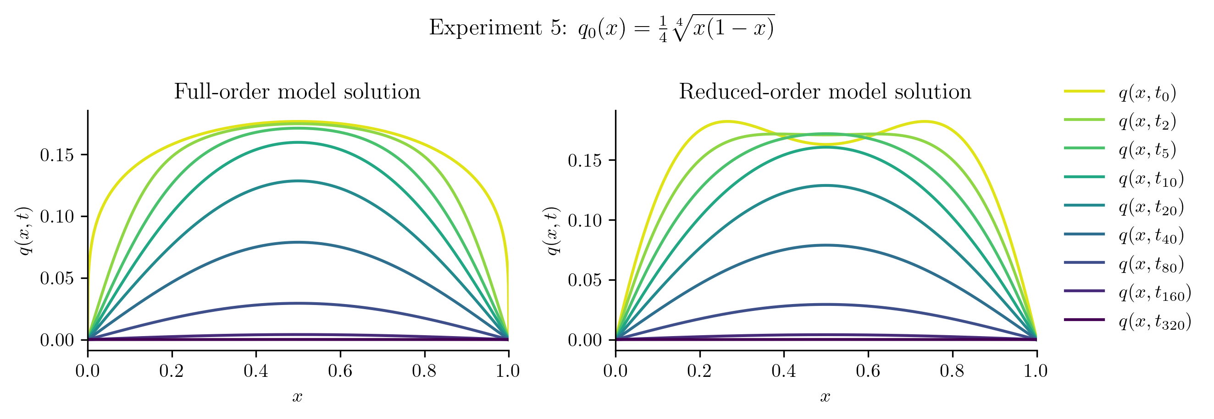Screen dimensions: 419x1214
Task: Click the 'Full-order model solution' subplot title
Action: click(x=297, y=91)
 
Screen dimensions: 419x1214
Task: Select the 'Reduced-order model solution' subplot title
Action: click(x=825, y=91)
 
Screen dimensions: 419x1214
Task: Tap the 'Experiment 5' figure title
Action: click(x=601, y=28)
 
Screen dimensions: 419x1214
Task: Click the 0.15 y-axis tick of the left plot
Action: click(x=57, y=155)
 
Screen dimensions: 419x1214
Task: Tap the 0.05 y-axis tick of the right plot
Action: click(x=585, y=280)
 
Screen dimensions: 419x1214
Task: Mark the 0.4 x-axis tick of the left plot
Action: click(x=256, y=371)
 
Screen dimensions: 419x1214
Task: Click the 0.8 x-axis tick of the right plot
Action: click(x=952, y=371)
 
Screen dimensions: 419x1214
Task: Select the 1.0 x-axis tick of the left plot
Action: click(x=508, y=371)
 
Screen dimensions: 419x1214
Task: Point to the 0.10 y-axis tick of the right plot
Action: click(x=585, y=220)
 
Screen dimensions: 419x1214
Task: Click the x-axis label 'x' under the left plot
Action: click(x=297, y=397)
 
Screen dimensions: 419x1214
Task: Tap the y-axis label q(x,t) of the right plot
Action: click(x=552, y=231)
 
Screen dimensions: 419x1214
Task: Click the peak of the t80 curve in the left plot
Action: click(x=298, y=304)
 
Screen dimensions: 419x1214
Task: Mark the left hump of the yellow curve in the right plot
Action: click(x=727, y=121)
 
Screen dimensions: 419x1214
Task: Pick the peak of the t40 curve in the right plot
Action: click(x=826, y=245)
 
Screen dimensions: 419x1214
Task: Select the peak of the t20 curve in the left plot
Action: click(x=298, y=181)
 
